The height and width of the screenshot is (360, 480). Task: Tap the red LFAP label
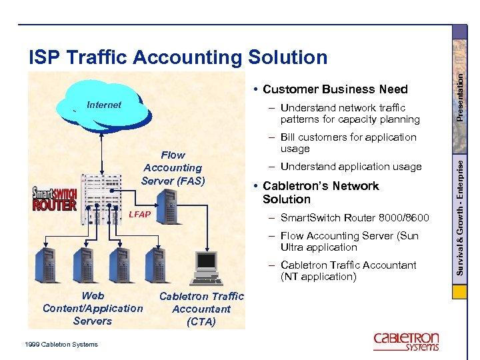pos(139,215)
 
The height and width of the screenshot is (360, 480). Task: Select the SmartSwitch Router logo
pos(55,199)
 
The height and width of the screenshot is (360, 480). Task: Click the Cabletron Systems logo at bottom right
pos(406,341)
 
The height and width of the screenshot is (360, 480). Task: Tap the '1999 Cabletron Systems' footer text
pos(61,344)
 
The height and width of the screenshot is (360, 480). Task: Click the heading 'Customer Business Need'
pos(335,89)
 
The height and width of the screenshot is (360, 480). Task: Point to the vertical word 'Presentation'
pos(460,87)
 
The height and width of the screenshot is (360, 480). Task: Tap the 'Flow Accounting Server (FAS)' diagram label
pos(172,168)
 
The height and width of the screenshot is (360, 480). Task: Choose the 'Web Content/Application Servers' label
pos(93,308)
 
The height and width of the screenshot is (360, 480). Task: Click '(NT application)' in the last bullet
pos(319,277)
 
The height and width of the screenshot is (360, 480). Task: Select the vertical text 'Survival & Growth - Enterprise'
pos(460,213)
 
